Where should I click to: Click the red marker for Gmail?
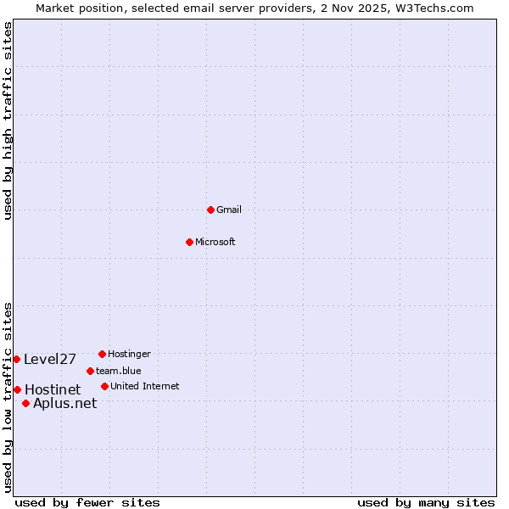[210, 210]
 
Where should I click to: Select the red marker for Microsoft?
[189, 242]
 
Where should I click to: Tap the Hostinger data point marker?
[102, 354]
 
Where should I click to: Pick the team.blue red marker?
[90, 371]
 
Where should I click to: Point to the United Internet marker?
[104, 386]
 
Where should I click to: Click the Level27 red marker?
[16, 359]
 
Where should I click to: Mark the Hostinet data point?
[17, 389]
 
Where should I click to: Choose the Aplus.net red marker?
[25, 403]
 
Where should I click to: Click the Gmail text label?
[229, 210]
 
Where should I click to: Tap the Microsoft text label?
[215, 242]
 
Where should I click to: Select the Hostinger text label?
[129, 354]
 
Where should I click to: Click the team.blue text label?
[119, 371]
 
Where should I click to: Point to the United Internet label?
[145, 386]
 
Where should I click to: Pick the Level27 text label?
[50, 359]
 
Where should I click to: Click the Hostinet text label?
[53, 389]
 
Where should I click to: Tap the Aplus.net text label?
[64, 403]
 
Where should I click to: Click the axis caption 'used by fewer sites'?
[87, 502]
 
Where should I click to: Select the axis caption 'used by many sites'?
[425, 502]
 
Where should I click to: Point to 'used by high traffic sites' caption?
[8, 120]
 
